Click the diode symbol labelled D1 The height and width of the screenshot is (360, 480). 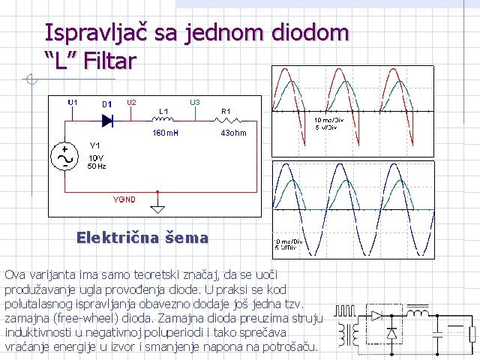107,119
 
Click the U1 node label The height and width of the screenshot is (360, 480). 73,102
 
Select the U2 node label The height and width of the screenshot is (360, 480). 130,102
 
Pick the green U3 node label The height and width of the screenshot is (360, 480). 194,102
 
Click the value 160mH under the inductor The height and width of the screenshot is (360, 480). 165,133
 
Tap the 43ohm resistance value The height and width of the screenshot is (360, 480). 233,133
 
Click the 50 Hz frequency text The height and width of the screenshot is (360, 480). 97,166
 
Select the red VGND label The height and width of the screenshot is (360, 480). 124,200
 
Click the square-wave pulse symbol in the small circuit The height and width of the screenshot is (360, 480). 346,310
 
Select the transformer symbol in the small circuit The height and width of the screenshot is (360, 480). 346,335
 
